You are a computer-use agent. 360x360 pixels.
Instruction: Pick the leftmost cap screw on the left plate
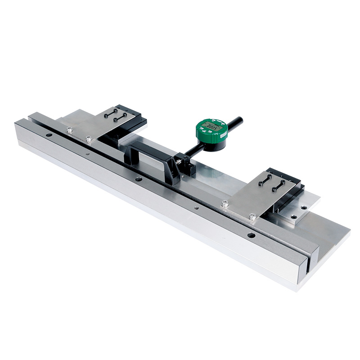(x=69, y=130)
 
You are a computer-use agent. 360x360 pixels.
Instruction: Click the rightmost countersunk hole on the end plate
(x=305, y=207)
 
